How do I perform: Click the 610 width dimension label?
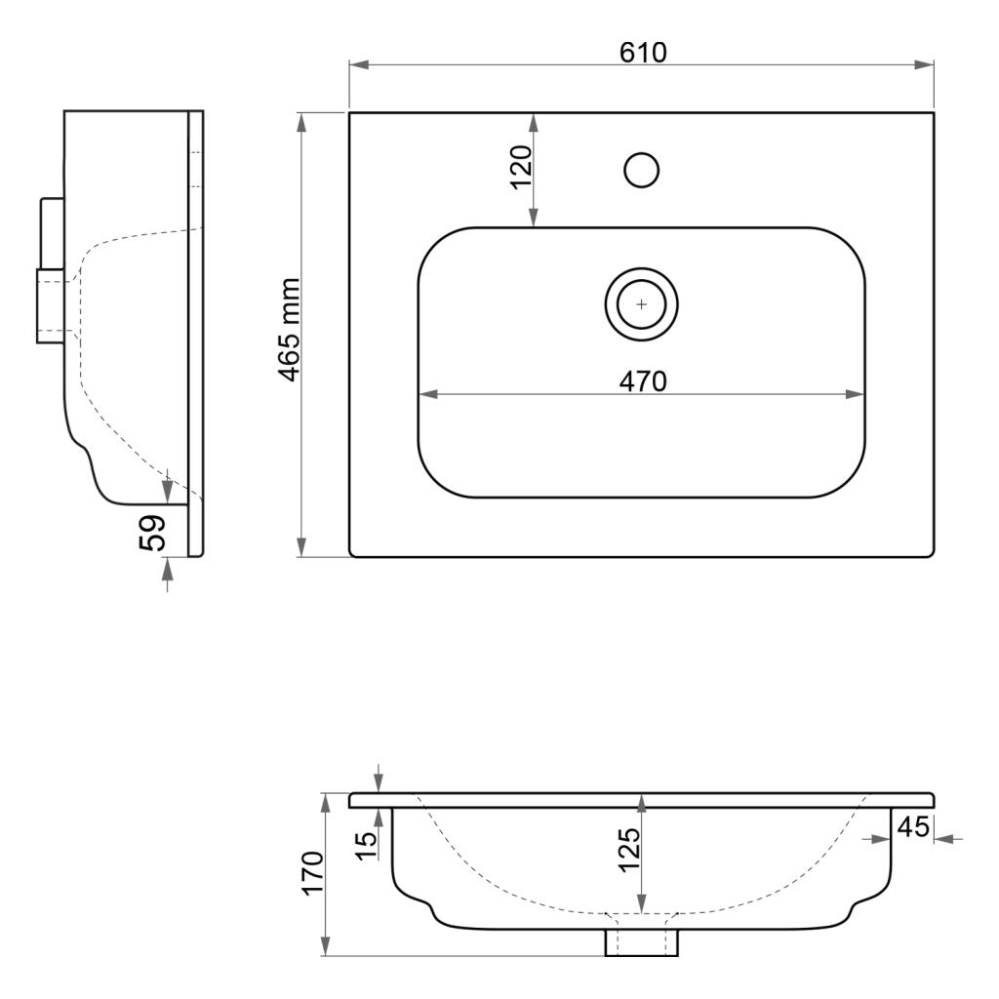[x=643, y=53]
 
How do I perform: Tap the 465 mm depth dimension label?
[x=290, y=330]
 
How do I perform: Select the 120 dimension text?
[x=521, y=167]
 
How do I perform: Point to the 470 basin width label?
[x=643, y=381]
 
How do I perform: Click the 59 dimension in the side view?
[x=153, y=533]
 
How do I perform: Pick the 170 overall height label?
[x=313, y=872]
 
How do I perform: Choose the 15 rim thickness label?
[x=367, y=846]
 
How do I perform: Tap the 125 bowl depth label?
[x=629, y=850]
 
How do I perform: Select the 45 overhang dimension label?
[x=913, y=826]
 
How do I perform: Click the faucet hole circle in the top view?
[x=642, y=170]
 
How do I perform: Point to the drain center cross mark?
[x=642, y=304]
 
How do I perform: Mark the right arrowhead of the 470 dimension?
[x=855, y=394]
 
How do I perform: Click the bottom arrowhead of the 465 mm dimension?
[x=302, y=546]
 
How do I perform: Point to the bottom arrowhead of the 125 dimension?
[x=642, y=902]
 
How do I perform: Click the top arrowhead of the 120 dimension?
[x=534, y=123]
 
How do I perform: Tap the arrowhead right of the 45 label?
[x=943, y=839]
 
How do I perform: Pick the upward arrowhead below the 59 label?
[x=168, y=568]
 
